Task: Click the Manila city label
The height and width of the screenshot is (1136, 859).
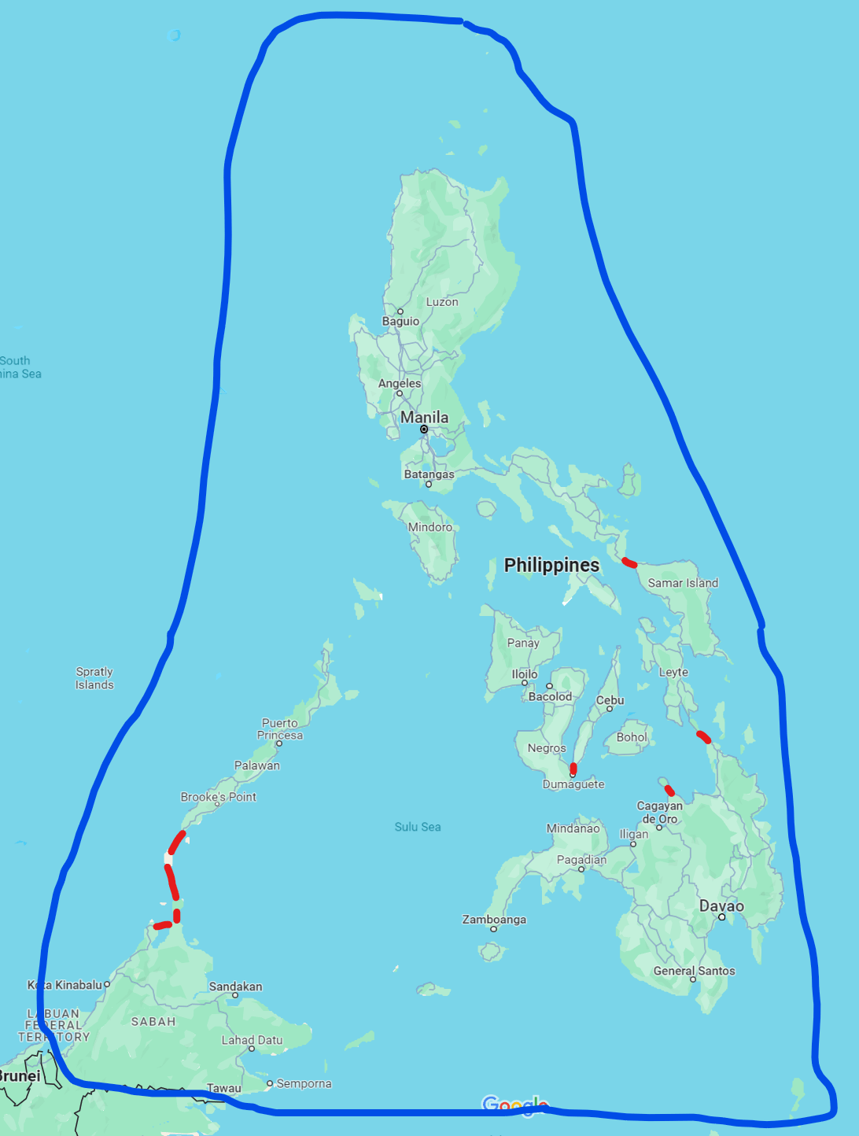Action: coord(424,417)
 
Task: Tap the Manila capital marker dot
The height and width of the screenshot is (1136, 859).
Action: coord(424,430)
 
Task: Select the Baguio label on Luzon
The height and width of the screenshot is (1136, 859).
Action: coord(400,321)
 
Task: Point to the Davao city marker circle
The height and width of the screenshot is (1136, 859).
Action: coord(721,917)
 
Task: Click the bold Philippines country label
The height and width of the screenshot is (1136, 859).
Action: coord(551,565)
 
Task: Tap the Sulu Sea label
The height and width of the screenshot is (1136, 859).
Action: coord(418,827)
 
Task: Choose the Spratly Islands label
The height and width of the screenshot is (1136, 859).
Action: coord(94,678)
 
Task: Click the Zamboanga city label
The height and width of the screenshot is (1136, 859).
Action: coord(494,919)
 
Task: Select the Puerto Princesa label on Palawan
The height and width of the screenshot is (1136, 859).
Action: coord(280,729)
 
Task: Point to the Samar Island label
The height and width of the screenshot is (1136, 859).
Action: coord(683,583)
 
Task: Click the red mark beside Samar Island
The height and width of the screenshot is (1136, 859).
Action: coord(629,562)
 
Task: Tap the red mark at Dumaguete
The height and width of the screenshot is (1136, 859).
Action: coord(573,768)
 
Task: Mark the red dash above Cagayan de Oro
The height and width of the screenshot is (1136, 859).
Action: coord(669,790)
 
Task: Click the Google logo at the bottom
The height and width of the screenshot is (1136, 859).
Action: coord(514,1105)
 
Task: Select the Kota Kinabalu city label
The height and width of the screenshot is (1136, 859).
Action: coord(65,985)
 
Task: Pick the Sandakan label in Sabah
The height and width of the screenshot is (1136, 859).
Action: coord(235,987)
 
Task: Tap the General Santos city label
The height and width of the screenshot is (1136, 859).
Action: coord(694,971)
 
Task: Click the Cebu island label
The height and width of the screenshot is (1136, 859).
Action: coord(610,700)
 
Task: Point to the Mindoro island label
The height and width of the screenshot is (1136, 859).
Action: coord(430,527)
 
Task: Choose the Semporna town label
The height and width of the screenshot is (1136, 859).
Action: coord(304,1083)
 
